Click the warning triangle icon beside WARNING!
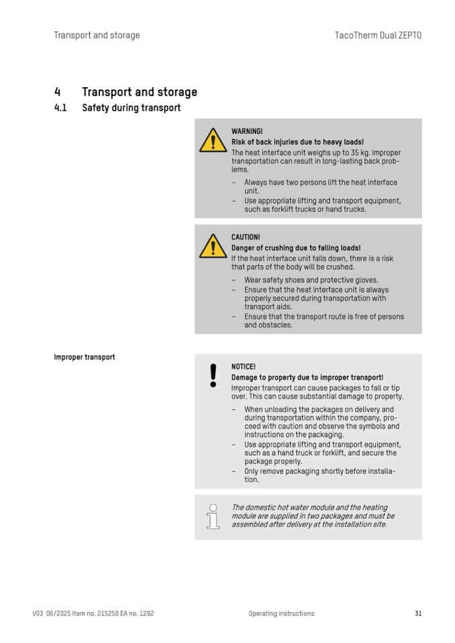[x=213, y=140]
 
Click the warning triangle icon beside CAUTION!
[x=213, y=246]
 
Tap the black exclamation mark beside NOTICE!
[x=213, y=375]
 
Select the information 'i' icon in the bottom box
[x=213, y=516]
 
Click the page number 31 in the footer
[x=418, y=613]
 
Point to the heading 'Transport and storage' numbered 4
[x=139, y=92]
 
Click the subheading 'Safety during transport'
[x=131, y=108]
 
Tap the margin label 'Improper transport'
[x=85, y=357]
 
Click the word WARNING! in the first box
[x=247, y=131]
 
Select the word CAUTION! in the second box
[x=246, y=237]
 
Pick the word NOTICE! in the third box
[x=244, y=367]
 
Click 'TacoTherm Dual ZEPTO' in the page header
[x=378, y=36]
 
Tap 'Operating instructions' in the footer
[x=281, y=613]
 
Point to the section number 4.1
[x=60, y=108]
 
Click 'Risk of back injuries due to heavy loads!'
[x=297, y=142]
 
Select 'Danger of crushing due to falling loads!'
[x=296, y=248]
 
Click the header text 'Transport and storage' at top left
[x=97, y=36]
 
